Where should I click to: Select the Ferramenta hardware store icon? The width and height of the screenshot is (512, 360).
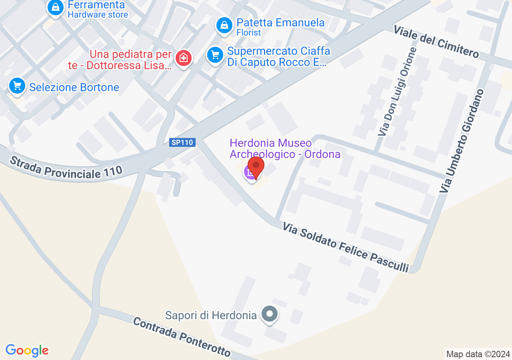55,8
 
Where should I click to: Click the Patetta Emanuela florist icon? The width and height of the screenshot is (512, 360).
224,26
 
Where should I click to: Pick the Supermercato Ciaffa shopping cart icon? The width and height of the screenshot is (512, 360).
215,54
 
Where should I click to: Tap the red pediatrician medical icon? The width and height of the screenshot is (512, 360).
184,58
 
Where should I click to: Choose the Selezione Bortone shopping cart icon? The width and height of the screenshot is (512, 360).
17,86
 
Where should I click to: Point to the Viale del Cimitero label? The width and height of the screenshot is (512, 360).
436,41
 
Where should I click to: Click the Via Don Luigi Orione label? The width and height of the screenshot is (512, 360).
397,92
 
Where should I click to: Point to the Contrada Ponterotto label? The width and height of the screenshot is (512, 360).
182,336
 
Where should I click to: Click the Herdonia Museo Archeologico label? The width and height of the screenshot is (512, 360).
285,148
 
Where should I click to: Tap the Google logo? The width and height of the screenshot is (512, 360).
27,351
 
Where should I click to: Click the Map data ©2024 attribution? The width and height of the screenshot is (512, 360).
478,354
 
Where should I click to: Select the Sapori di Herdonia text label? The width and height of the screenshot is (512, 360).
211,315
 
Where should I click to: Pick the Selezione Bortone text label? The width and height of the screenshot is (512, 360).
74,87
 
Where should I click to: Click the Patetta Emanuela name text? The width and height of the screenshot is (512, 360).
280,22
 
